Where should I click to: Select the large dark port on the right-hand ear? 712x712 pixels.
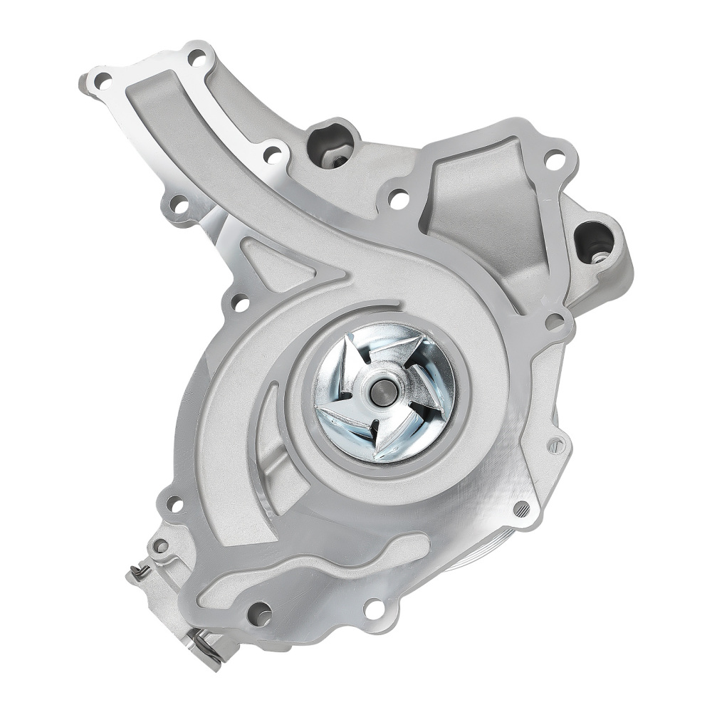click(x=594, y=241)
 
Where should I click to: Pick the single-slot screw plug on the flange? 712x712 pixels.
click(x=557, y=446)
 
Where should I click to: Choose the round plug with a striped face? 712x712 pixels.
click(x=521, y=508)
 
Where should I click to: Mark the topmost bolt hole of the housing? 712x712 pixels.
click(x=197, y=58)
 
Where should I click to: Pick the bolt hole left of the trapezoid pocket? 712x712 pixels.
click(x=399, y=199)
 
